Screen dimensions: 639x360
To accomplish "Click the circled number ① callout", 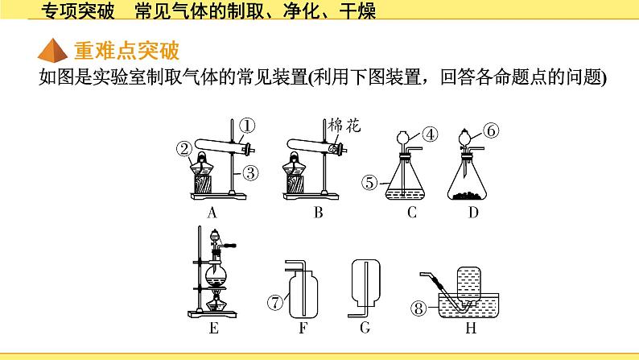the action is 246,126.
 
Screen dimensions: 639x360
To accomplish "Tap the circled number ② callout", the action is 184,149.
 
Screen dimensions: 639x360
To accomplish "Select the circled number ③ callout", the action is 250,173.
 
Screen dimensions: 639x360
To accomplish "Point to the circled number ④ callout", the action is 430,134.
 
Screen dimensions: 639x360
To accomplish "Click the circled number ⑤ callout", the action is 369,183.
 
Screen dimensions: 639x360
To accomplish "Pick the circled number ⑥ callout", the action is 491,130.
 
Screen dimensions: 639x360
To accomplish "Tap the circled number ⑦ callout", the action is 275,303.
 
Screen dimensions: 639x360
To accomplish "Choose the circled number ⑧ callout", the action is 418,308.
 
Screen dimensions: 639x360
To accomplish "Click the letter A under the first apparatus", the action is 212,213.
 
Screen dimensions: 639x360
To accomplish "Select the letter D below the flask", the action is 473,213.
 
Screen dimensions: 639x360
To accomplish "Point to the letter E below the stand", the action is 213,328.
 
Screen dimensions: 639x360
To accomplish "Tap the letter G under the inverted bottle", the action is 365,328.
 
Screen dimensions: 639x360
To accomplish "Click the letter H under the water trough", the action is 471,328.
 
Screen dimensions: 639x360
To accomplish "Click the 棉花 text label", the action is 344,126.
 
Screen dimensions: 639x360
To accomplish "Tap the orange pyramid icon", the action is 52,50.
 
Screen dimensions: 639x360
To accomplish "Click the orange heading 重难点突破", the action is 126,51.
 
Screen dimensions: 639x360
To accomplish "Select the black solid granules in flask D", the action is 467,196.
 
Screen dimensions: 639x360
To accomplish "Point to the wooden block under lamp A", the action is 203,184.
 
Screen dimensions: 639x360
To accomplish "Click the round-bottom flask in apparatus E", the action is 216,275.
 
